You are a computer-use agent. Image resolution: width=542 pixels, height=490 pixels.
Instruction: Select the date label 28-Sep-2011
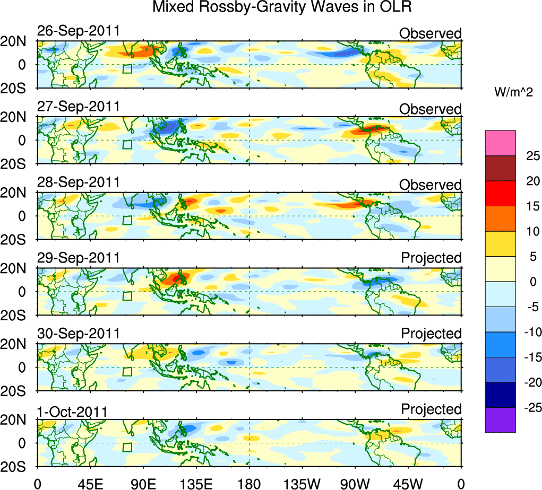[x=79, y=182]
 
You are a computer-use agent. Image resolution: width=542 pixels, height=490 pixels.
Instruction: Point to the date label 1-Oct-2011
[x=72, y=412]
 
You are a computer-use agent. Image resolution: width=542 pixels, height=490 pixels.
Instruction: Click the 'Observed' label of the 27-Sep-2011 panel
[x=431, y=109]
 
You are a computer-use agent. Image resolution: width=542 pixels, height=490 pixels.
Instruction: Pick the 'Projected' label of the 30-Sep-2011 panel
[x=431, y=334]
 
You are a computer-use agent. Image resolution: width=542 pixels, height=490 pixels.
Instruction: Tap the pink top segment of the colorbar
[x=500, y=143]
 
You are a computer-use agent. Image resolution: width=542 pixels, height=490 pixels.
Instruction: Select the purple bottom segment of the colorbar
[x=500, y=420]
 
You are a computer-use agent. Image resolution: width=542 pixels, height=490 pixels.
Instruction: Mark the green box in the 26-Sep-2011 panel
[x=127, y=69]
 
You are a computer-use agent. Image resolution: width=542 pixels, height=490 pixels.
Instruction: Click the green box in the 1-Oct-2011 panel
[x=127, y=447]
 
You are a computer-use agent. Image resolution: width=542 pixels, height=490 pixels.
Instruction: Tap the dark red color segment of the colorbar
[x=500, y=168]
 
